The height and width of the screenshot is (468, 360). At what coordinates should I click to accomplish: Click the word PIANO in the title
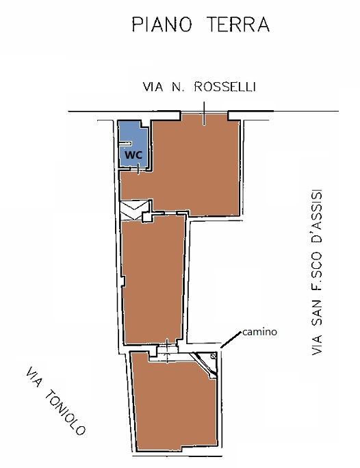tap(162, 25)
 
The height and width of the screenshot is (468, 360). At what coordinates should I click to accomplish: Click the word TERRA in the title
tap(238, 25)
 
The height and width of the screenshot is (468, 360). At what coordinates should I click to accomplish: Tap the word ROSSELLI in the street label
tap(224, 87)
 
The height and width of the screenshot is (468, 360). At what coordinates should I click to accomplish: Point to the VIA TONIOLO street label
tap(56, 401)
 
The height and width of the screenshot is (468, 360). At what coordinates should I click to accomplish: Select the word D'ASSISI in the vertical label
tap(316, 214)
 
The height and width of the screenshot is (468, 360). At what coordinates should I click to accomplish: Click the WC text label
tap(133, 155)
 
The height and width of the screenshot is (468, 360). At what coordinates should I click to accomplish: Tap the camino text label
tap(259, 332)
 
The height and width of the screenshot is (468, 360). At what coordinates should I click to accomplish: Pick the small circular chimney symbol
tap(213, 356)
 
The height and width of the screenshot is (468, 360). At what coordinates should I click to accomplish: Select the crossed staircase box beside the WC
tap(135, 211)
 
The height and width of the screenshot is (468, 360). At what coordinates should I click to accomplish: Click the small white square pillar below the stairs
tap(146, 217)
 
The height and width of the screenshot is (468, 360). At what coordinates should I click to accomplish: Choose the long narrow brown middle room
tap(153, 280)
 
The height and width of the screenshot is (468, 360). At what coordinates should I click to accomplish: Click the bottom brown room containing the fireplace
tap(175, 403)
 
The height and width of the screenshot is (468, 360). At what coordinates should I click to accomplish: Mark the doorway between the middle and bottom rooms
tap(167, 351)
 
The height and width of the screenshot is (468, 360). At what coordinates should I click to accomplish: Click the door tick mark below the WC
tap(138, 169)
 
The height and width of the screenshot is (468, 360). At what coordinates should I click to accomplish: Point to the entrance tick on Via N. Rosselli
tap(204, 114)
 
